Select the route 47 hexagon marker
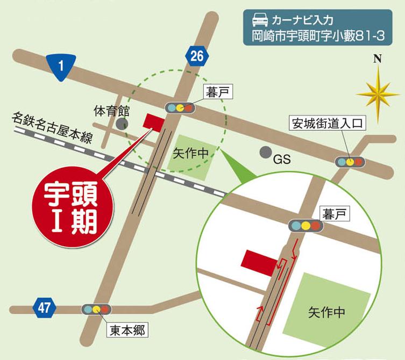pos(45,308)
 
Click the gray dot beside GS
pos(264,153)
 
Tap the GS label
pos(281,160)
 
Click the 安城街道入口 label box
pos(328,124)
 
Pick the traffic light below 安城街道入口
pos(350,161)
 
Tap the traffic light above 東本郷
pos(97,309)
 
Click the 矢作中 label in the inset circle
pos(326,312)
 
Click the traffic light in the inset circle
pos(305,226)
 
